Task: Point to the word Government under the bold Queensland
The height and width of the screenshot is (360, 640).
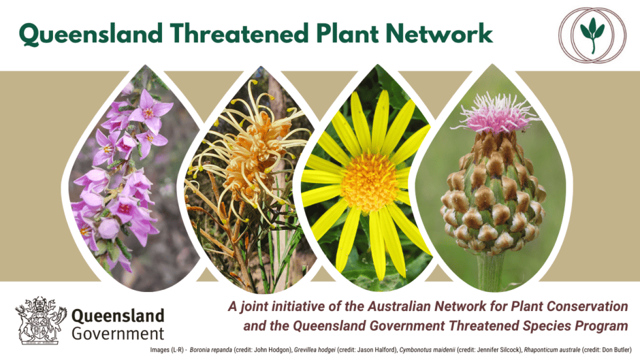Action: coord(118,334)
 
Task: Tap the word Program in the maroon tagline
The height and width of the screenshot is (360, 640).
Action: coord(609,325)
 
